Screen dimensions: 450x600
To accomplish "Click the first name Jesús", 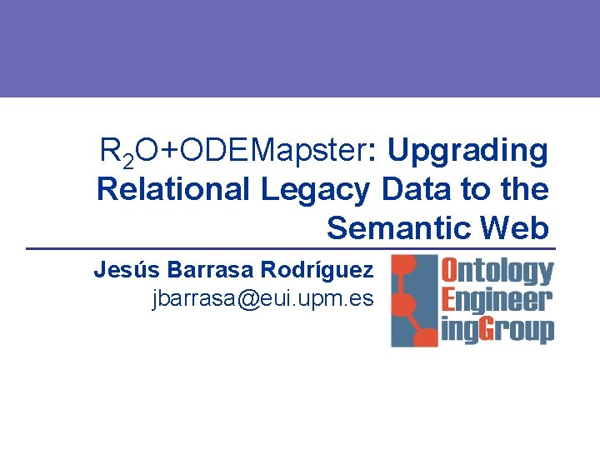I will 127,270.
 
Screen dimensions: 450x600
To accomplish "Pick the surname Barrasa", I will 209,270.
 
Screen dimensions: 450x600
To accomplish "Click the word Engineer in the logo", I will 496,300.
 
